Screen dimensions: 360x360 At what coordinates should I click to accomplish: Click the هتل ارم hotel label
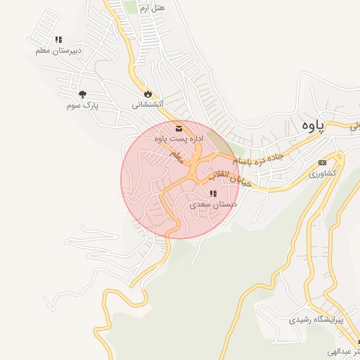pyautogui.click(x=153, y=7)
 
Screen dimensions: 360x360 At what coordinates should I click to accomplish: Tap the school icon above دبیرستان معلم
pyautogui.click(x=59, y=40)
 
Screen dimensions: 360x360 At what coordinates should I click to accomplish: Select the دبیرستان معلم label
pyautogui.click(x=59, y=51)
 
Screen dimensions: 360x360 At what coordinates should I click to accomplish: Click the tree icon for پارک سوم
pyautogui.click(x=82, y=94)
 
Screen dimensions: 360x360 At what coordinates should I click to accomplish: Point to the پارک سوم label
pyautogui.click(x=82, y=105)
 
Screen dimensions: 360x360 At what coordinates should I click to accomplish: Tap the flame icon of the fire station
pyautogui.click(x=148, y=94)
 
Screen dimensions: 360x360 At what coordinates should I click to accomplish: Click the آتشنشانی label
pyautogui.click(x=148, y=105)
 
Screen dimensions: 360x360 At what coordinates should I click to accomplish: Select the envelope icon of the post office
pyautogui.click(x=179, y=128)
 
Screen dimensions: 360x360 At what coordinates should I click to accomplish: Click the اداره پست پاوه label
pyautogui.click(x=179, y=139)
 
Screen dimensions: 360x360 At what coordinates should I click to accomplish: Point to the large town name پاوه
pyautogui.click(x=310, y=125)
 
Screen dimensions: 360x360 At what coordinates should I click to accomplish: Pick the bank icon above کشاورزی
pyautogui.click(x=323, y=162)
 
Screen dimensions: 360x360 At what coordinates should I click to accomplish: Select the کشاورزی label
pyautogui.click(x=323, y=173)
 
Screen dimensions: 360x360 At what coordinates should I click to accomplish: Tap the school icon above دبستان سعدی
pyautogui.click(x=212, y=193)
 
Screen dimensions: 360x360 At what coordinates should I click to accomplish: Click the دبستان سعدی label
pyautogui.click(x=212, y=204)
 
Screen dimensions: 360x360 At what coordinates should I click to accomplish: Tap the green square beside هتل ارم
pyautogui.click(x=129, y=6)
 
